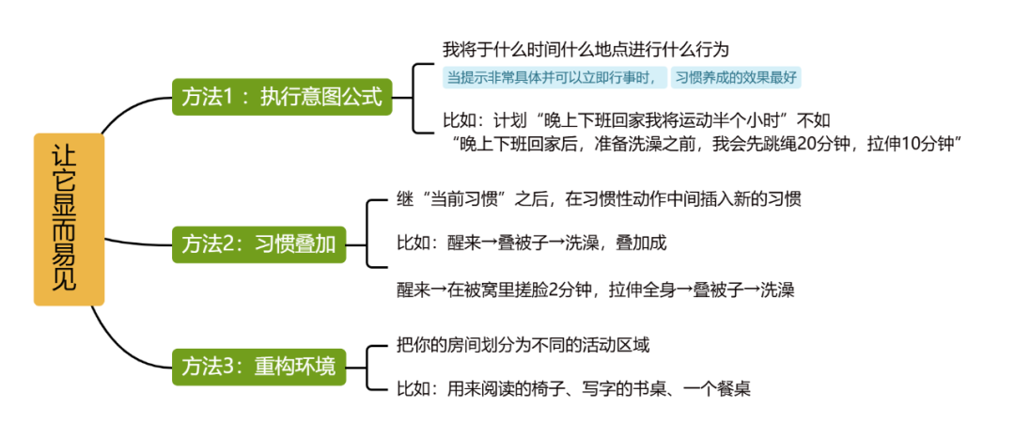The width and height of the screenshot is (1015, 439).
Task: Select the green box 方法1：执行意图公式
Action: [x=281, y=97]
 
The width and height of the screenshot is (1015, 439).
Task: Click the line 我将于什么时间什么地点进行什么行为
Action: [x=586, y=49]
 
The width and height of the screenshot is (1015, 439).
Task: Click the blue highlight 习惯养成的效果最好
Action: [x=737, y=78]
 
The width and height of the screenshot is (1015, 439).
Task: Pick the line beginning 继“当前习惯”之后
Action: [x=599, y=199]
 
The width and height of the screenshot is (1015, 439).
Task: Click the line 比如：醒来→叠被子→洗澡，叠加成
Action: [x=531, y=243]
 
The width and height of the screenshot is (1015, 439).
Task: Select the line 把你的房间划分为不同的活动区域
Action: [x=523, y=345]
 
